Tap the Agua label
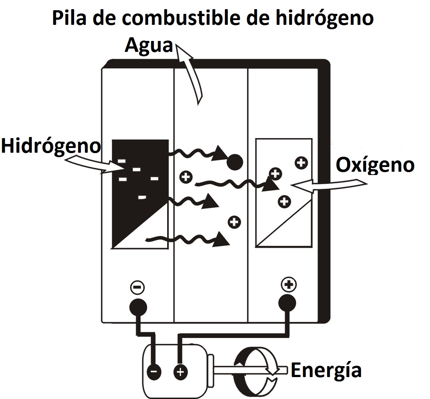pos(149,45)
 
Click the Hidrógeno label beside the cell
pos(50,146)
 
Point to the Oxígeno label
pos(375,165)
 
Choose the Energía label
pos(326,370)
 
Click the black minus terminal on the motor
pos(154,372)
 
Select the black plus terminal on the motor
pos(180,372)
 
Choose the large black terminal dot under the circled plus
pos(287,303)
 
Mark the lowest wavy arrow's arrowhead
pos(222,239)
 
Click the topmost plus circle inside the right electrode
pos(301,163)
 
